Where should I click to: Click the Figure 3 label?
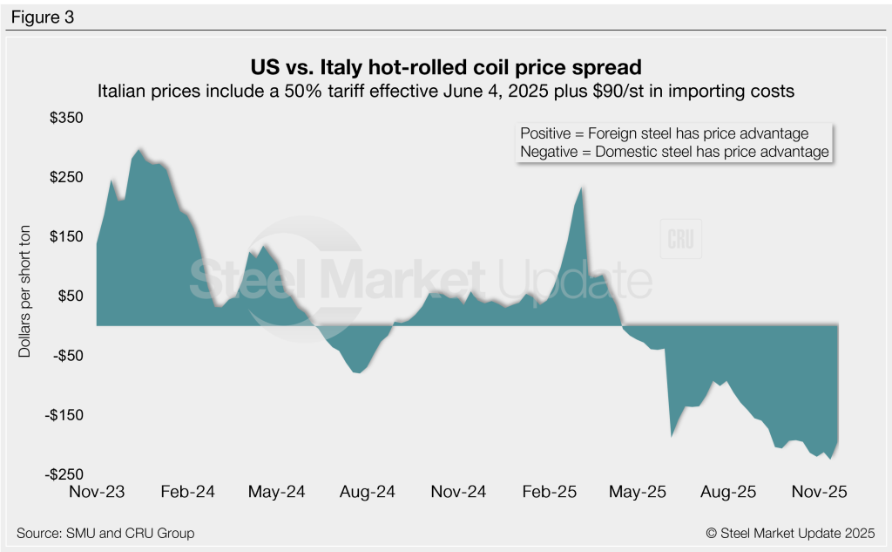coord(42,17)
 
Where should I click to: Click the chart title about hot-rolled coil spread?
coord(445,67)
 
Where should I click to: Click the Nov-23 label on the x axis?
coord(97,492)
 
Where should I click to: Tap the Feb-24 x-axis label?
coord(188,492)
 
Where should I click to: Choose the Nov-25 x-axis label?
coord(819,492)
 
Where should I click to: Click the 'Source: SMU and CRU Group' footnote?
coord(105,533)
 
